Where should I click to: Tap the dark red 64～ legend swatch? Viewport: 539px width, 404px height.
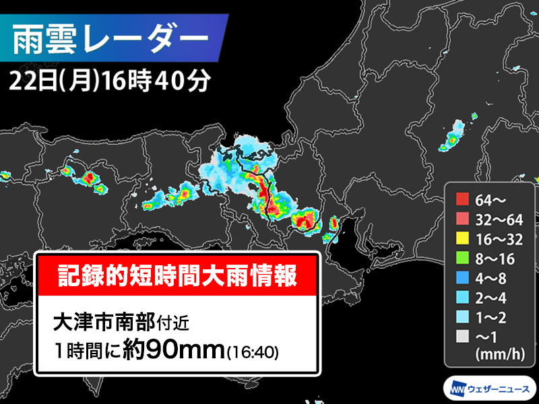(x=462, y=199)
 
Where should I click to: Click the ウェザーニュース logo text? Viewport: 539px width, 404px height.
(x=497, y=389)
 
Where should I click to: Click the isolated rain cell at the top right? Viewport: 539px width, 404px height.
(x=453, y=137)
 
